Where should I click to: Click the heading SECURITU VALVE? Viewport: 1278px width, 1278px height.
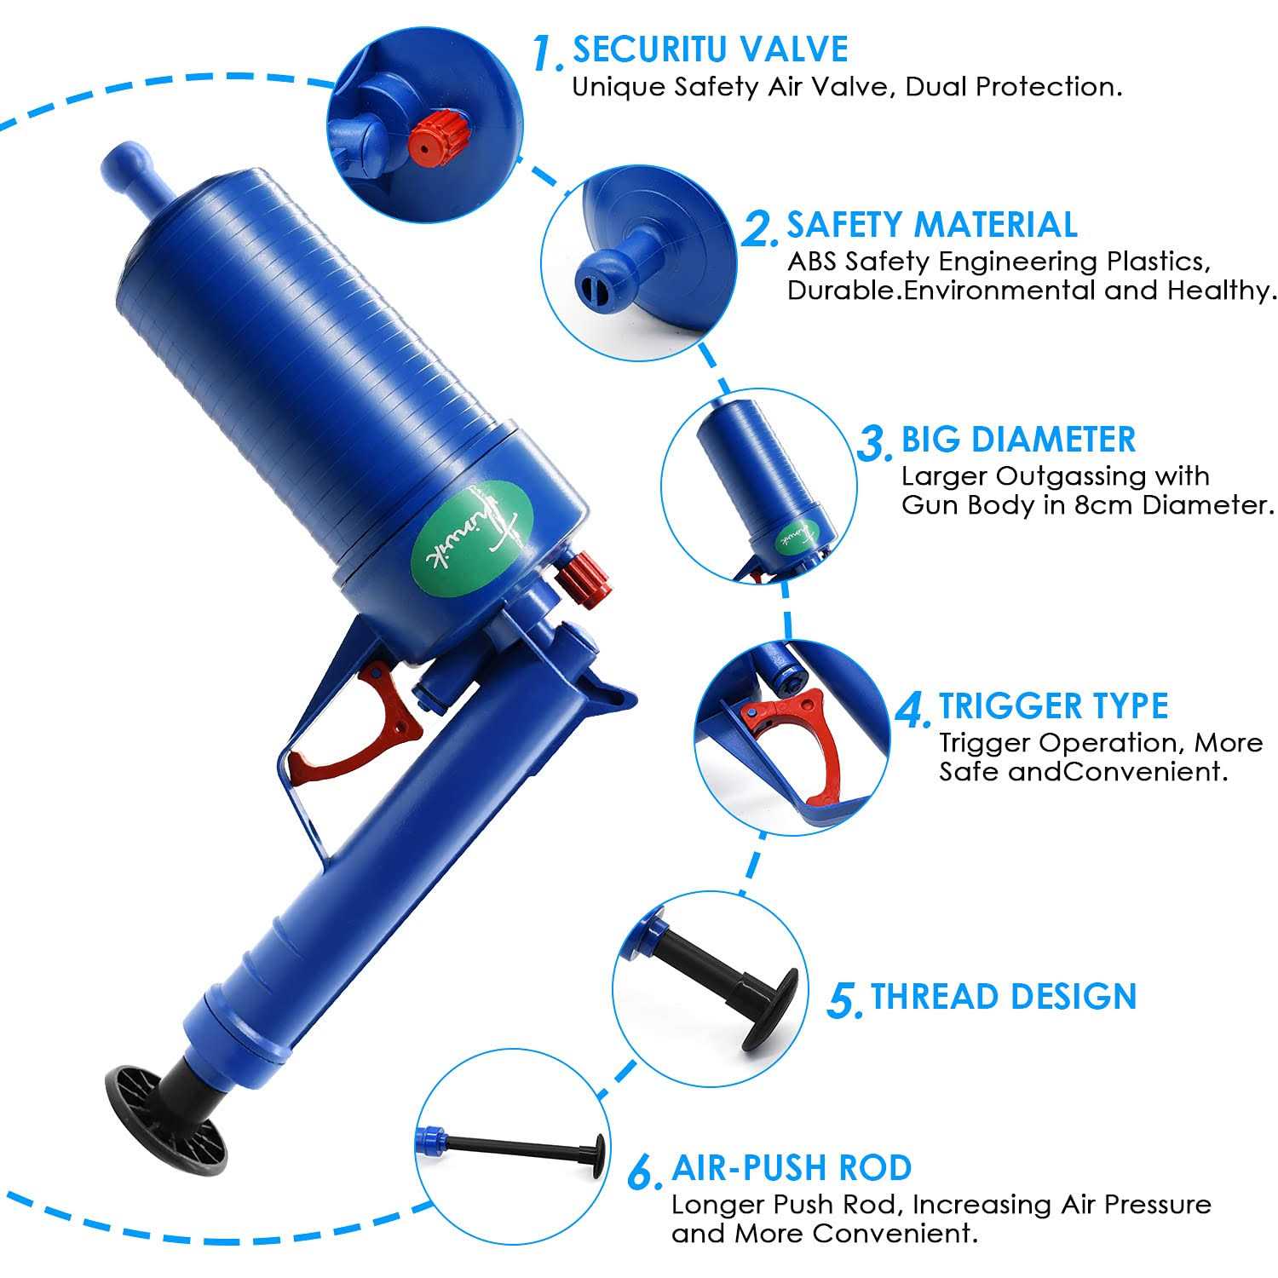(710, 49)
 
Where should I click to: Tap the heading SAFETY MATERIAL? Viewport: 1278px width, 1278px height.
(932, 225)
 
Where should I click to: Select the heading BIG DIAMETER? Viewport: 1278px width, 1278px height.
(1019, 440)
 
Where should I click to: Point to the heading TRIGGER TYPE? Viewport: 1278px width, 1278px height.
(1054, 706)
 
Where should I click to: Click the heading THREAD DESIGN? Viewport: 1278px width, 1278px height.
(1004, 996)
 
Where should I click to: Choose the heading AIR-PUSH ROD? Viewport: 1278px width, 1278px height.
(792, 1168)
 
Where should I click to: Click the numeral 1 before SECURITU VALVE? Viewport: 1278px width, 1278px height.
(547, 53)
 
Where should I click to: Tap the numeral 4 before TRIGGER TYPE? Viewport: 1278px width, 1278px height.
(914, 711)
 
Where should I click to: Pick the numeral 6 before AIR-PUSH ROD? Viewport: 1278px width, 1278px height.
(645, 1172)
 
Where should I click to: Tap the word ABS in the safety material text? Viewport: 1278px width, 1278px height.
(812, 261)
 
